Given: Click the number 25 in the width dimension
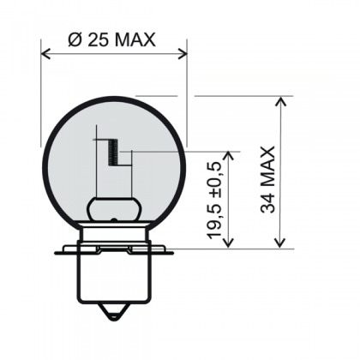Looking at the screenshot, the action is pyautogui.click(x=99, y=39).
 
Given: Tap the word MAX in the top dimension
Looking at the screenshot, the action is pyautogui.click(x=135, y=39).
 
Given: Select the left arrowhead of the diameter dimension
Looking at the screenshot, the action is pyautogui.click(x=45, y=53).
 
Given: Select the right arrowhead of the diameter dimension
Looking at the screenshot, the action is pyautogui.click(x=183, y=53).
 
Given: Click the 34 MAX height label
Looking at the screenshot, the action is pyautogui.click(x=268, y=180).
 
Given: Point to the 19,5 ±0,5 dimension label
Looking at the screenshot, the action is pyautogui.click(x=215, y=201).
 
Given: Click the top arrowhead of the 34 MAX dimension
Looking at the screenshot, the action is pyautogui.click(x=280, y=102).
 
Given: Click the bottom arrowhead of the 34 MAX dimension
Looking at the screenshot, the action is pyautogui.click(x=280, y=243).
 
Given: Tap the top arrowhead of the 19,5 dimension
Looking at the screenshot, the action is pyautogui.click(x=228, y=156).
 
